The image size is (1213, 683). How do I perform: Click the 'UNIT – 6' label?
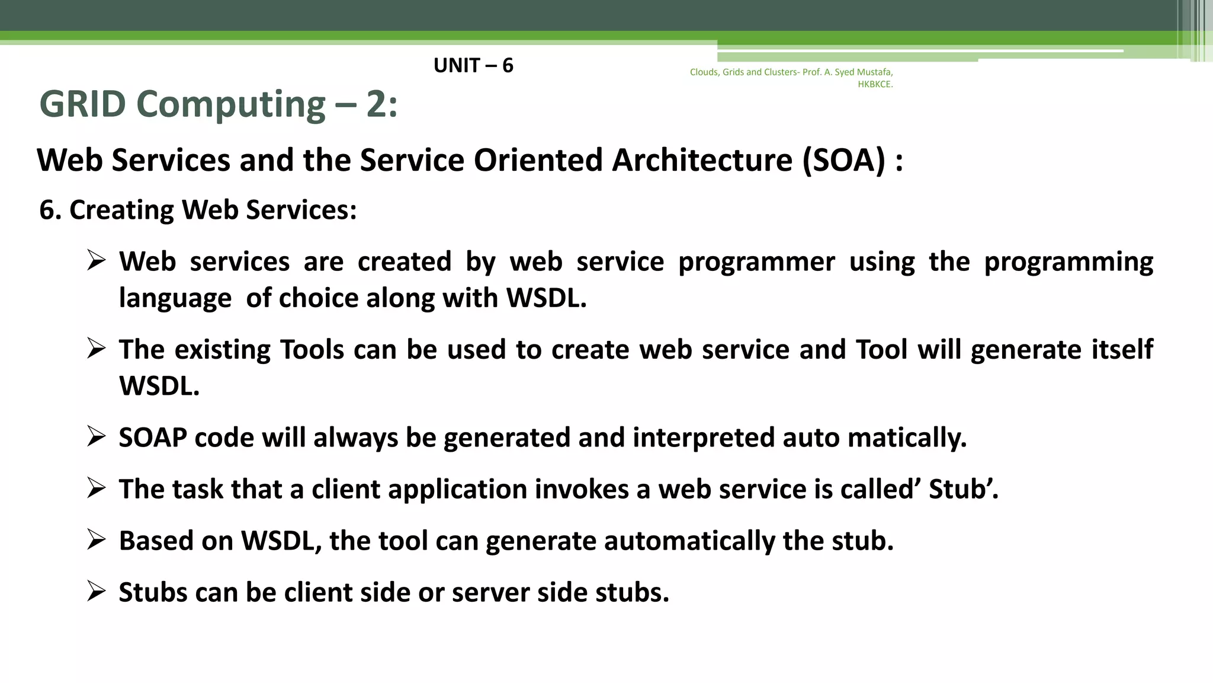[473, 65]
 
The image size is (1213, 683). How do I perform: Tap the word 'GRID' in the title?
[82, 104]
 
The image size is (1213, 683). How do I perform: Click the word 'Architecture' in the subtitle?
[702, 160]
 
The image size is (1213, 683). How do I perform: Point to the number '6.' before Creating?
[50, 210]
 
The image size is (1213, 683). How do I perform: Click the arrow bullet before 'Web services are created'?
[96, 260]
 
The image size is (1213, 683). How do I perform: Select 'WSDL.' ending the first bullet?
[546, 298]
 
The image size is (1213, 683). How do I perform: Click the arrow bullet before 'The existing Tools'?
[96, 348]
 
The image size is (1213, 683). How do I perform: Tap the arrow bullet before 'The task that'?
[96, 488]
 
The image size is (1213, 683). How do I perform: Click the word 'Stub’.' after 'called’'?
[964, 489]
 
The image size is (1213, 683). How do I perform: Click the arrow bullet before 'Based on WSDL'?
[96, 540]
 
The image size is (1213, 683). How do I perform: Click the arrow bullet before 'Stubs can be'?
[96, 591]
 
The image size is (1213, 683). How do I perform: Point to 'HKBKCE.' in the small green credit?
[875, 84]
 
